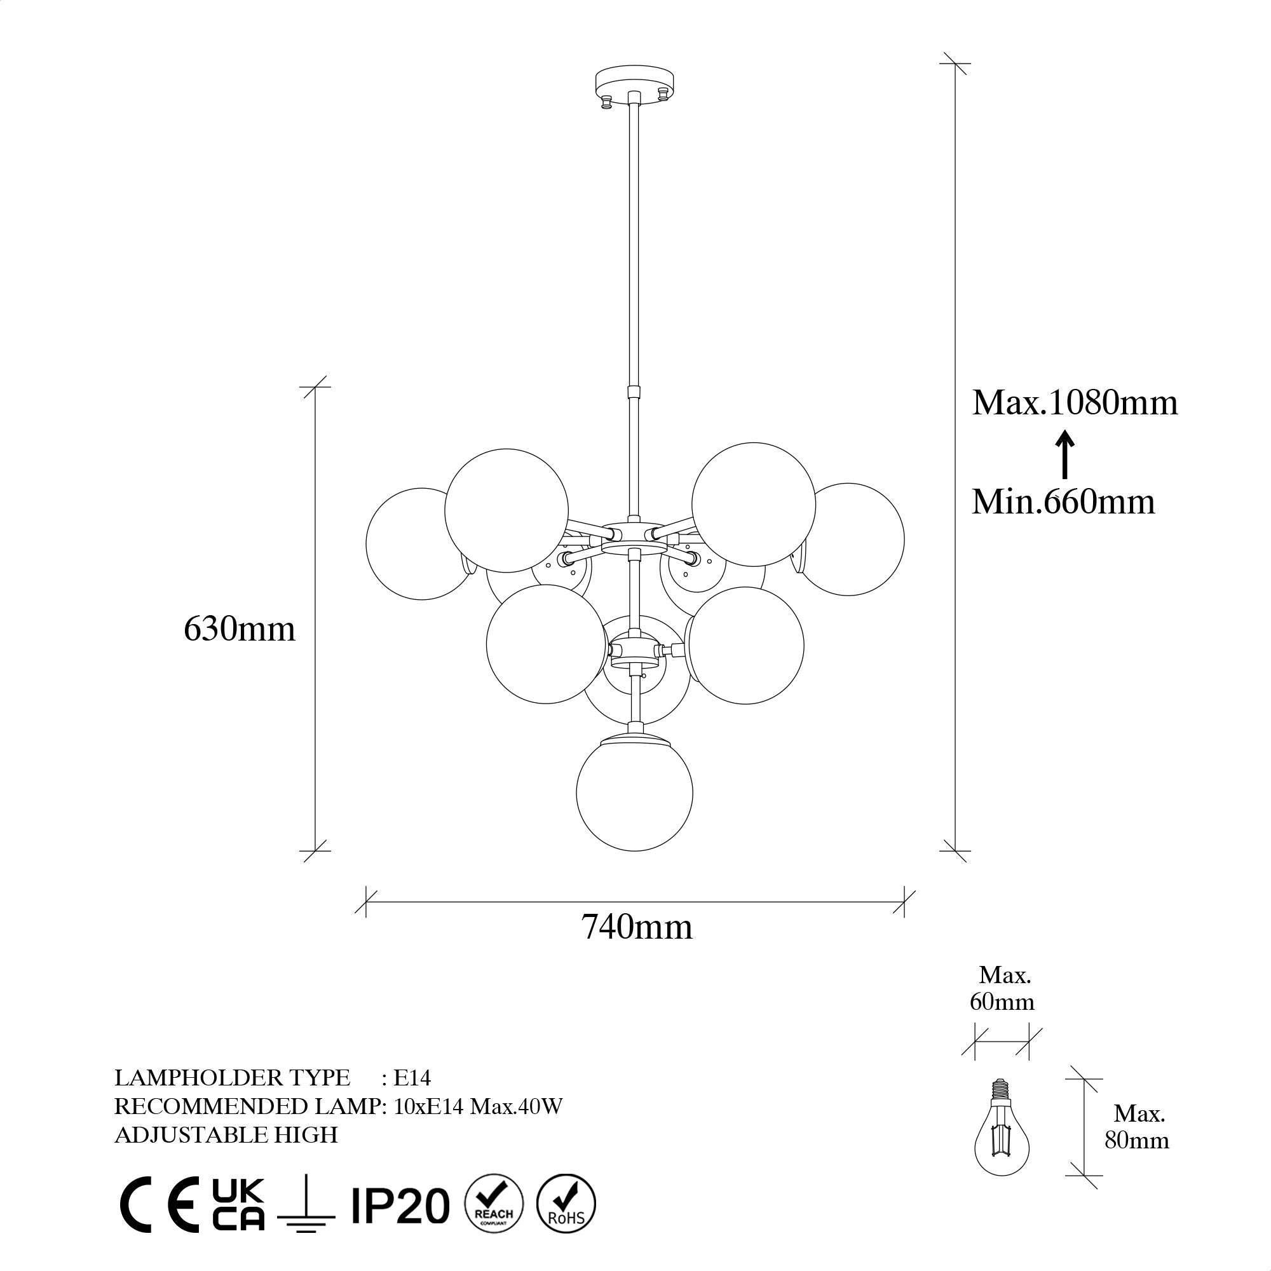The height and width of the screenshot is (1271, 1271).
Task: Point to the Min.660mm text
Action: pos(1064,501)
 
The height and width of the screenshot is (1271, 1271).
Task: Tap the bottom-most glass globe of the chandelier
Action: pos(634,792)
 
